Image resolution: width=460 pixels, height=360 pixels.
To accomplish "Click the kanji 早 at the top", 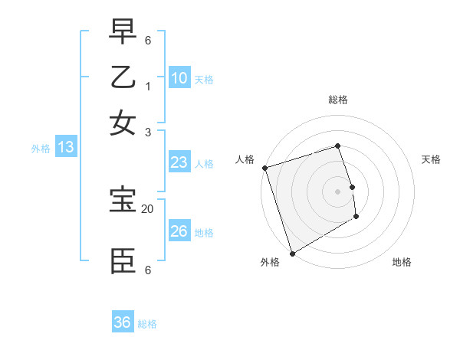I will (123, 32).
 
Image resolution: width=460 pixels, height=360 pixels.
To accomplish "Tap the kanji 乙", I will (123, 77).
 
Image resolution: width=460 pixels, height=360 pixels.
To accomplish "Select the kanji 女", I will (123, 123).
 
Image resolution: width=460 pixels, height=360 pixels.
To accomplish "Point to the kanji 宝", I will (123, 201).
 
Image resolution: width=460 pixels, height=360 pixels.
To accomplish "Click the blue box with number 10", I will (179, 78).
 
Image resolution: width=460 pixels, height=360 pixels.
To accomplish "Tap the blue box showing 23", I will (179, 162).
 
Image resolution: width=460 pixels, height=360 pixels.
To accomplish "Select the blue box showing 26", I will (179, 231).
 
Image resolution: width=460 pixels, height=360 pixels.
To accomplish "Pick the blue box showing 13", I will (66, 148).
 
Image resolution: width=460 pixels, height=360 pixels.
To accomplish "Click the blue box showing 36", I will (123, 322).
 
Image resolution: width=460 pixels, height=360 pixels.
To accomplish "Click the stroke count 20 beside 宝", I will (148, 208).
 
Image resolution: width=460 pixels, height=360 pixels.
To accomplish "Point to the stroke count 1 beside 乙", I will (148, 86).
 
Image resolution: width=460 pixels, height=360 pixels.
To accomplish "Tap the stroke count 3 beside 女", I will (148, 132).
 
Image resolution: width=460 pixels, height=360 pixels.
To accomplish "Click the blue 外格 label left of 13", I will (41, 149).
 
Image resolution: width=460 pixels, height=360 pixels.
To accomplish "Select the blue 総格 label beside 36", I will (147, 324).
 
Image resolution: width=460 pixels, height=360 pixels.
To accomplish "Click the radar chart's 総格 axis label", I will (337, 100).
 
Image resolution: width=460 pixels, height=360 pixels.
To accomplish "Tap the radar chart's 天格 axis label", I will (432, 159).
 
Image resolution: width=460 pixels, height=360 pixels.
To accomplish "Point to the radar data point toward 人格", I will (264, 168).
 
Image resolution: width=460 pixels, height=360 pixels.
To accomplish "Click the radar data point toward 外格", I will (292, 253).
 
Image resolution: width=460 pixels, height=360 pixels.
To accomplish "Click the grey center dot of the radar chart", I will (337, 191).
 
